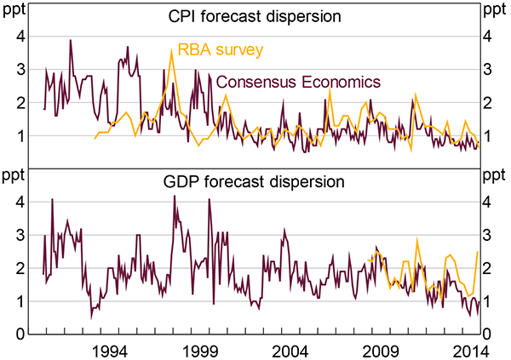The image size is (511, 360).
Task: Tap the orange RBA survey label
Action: tap(219, 49)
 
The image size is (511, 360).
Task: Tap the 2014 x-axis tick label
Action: tap(471, 349)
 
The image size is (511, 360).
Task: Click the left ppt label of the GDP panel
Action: tap(15, 177)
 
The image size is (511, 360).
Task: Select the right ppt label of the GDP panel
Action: tap(495, 177)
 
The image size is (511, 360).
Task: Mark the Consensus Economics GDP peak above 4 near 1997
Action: tap(175, 196)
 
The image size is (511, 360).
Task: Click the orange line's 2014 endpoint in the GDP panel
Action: tap(477, 251)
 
